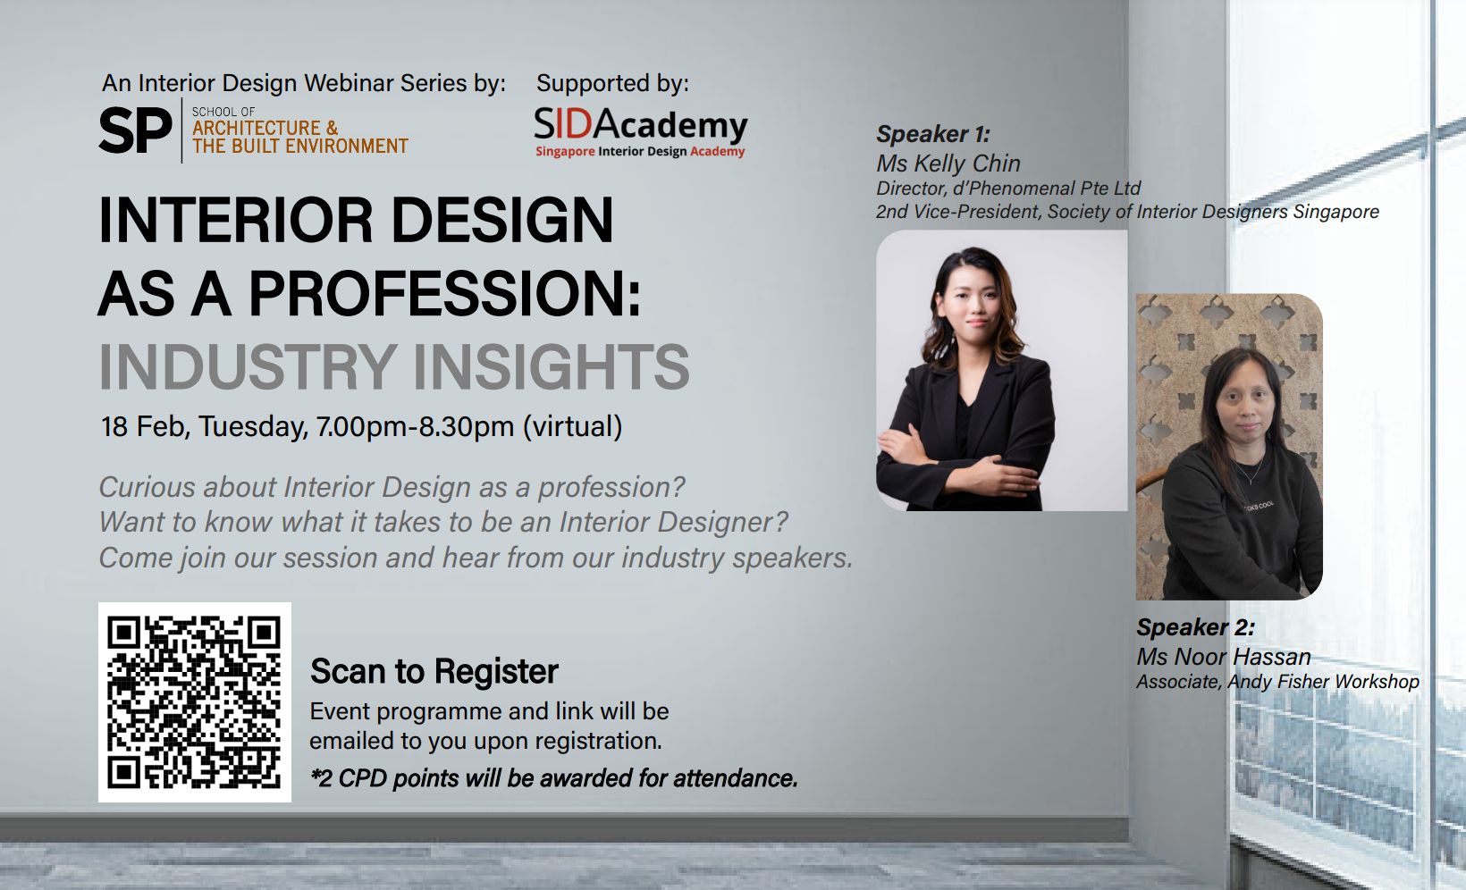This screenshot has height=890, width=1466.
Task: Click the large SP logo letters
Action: pyautogui.click(x=136, y=130)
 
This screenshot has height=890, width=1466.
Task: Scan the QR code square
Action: pyautogui.click(x=194, y=702)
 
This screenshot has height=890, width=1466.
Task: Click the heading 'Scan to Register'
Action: pyautogui.click(x=434, y=671)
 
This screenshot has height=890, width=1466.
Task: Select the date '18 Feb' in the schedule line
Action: pyautogui.click(x=146, y=426)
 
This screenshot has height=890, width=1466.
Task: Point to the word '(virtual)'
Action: pyautogui.click(x=573, y=426)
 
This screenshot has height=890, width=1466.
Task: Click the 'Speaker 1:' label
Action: pyautogui.click(x=933, y=134)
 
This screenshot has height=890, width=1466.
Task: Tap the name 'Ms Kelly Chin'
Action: pyautogui.click(x=948, y=163)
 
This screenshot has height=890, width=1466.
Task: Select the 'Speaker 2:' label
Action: pyautogui.click(x=1196, y=627)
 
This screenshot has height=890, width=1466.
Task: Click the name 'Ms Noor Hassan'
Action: pyautogui.click(x=1224, y=657)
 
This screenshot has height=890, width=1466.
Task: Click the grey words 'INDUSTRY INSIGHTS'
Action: pyautogui.click(x=394, y=365)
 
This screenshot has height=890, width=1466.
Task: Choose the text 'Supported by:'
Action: pyautogui.click(x=612, y=83)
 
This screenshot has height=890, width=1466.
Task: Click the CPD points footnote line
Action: pyautogui.click(x=554, y=778)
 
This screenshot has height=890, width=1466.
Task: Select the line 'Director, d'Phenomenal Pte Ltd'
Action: pyautogui.click(x=1008, y=189)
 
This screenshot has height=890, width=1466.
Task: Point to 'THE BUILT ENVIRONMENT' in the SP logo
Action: pyautogui.click(x=300, y=146)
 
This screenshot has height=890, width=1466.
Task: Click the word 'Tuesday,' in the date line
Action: pyautogui.click(x=253, y=426)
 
